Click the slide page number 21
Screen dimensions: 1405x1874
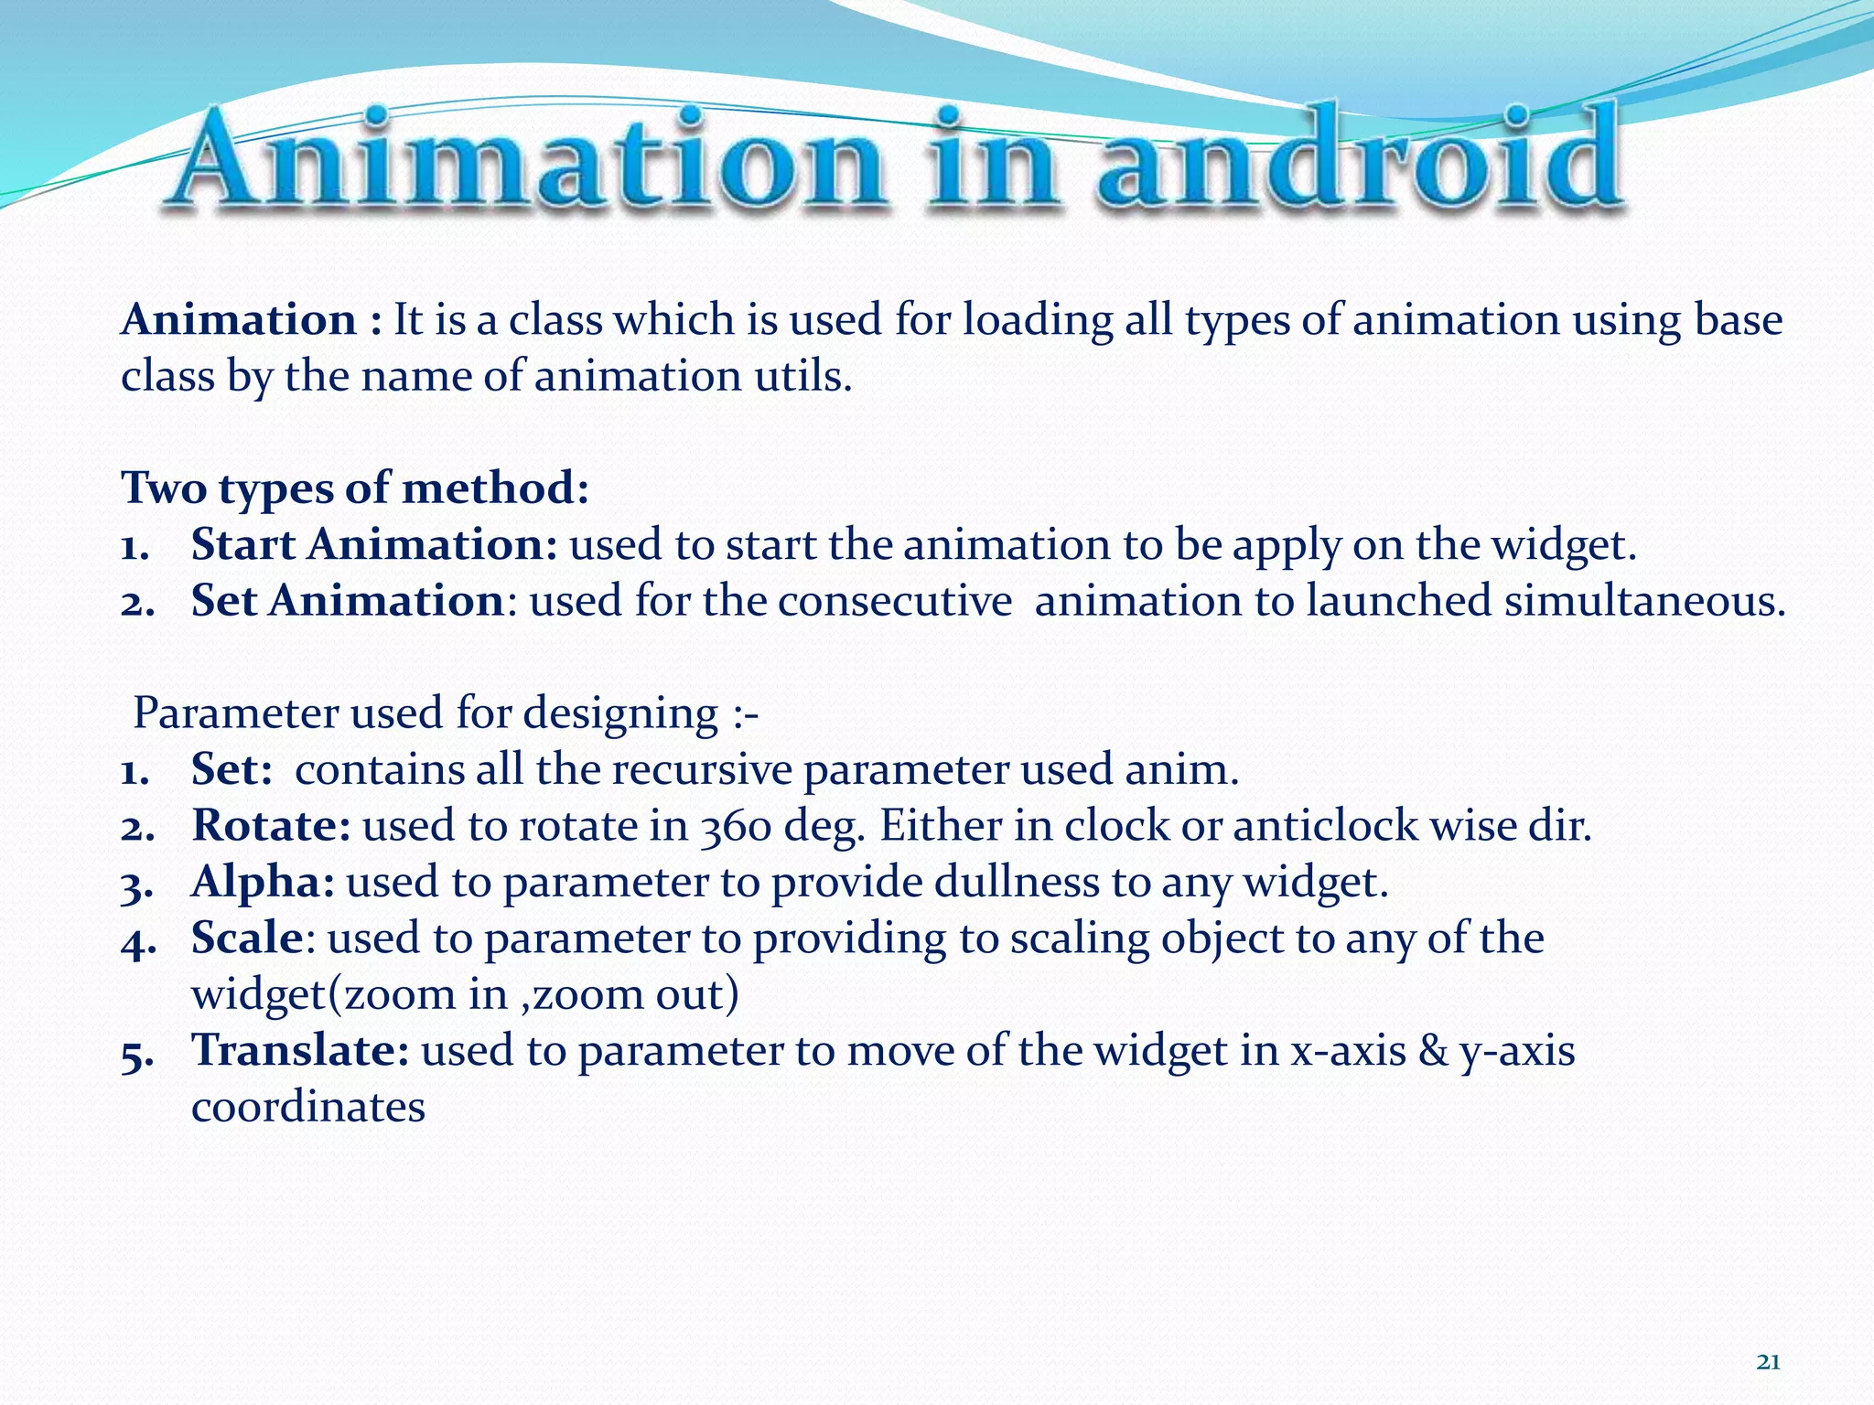(x=1769, y=1362)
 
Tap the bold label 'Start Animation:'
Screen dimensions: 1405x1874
(x=373, y=545)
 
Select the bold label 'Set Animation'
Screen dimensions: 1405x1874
(x=347, y=602)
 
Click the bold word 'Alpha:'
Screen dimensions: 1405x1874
(x=263, y=883)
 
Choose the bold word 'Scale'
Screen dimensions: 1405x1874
(x=246, y=938)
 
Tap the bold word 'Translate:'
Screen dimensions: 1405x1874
(x=300, y=1051)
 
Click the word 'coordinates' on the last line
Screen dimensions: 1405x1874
(x=308, y=1108)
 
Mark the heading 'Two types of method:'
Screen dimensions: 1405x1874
(x=355, y=488)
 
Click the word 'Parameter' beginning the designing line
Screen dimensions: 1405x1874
(x=235, y=713)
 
